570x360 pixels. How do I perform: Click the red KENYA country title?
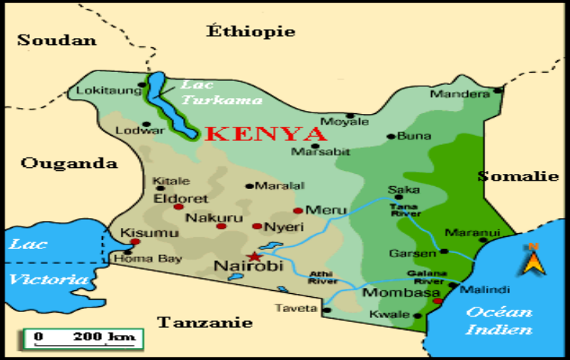(265, 134)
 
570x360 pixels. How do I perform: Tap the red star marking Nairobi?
(251, 256)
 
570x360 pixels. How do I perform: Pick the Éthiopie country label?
(250, 31)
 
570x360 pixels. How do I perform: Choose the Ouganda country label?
(69, 163)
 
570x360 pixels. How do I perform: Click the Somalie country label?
(518, 176)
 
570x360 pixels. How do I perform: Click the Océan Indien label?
(499, 320)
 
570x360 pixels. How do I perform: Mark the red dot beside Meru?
(298, 211)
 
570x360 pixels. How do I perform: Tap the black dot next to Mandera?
(497, 91)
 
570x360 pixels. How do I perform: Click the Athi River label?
(322, 277)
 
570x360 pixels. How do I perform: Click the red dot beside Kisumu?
(135, 241)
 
